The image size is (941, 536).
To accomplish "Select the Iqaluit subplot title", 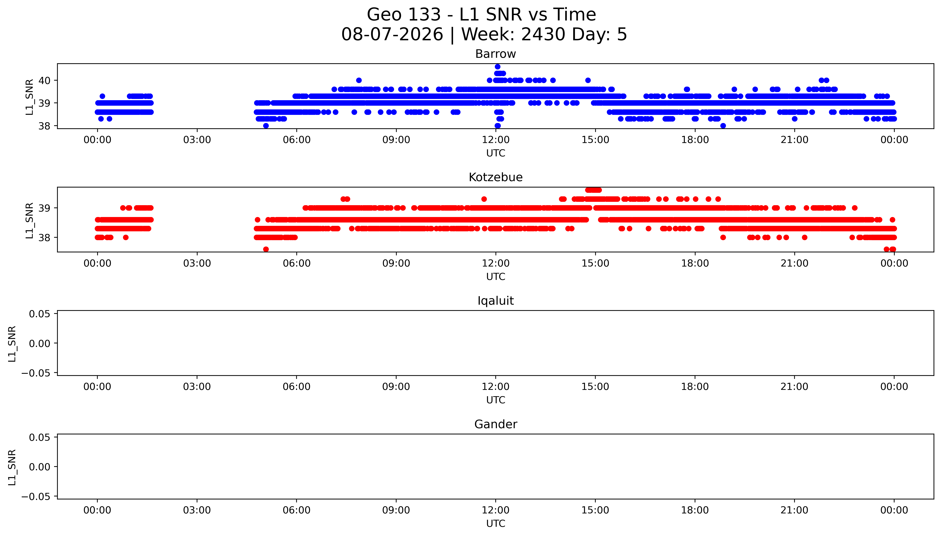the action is pyautogui.click(x=495, y=301).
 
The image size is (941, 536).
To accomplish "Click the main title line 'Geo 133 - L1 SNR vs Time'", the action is pyautogui.click(x=481, y=15).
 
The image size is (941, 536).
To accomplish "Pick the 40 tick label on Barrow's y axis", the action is pyautogui.click(x=45, y=80).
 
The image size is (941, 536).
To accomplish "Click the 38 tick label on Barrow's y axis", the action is pyautogui.click(x=45, y=126).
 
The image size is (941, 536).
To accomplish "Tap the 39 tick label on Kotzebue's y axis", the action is pyautogui.click(x=45, y=208).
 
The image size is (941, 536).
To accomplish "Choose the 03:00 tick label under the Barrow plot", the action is pyautogui.click(x=197, y=140).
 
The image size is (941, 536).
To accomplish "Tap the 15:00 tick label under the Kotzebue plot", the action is pyautogui.click(x=595, y=263).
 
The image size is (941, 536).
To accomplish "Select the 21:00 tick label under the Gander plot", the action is pyautogui.click(x=794, y=510).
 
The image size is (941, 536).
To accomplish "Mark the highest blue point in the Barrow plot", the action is pyautogui.click(x=498, y=67).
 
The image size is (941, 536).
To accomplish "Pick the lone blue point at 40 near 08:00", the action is pyautogui.click(x=359, y=80).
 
